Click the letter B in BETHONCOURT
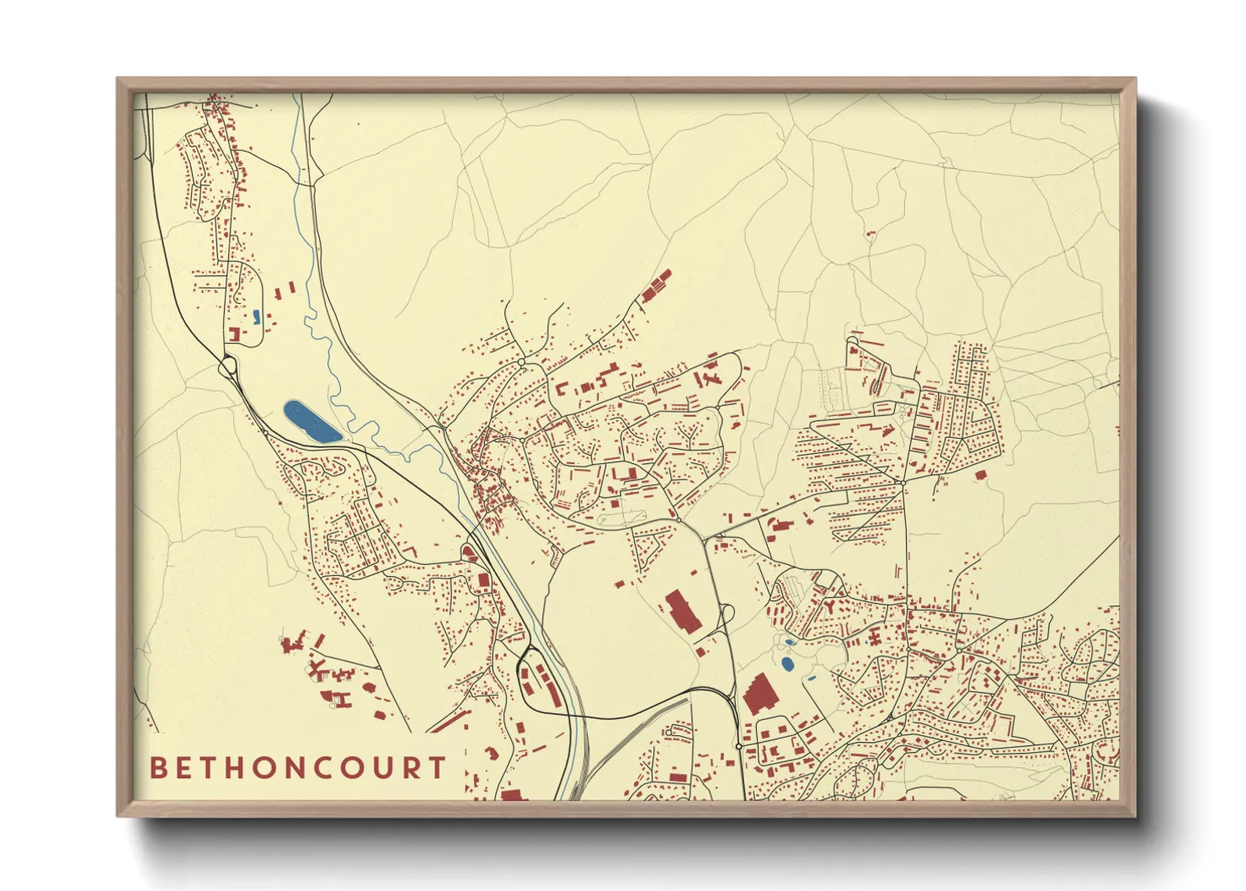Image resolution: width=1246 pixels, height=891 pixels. pos(157,768)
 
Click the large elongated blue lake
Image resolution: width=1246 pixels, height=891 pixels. pos(312,422)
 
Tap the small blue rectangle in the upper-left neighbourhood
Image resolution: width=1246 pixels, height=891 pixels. pos(256,316)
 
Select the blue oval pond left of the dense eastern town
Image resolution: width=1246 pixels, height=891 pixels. pos(787,664)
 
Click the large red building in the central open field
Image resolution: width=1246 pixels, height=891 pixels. pos(683,611)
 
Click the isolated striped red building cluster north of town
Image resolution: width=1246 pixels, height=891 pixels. pos(656,285)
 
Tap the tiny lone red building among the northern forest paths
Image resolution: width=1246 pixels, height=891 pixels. pos(871,232)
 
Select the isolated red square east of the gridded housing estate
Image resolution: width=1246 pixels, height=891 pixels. pos(980,476)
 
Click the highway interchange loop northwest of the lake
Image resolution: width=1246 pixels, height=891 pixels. pos(227,366)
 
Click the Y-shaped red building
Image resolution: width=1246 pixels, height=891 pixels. pos(830,606)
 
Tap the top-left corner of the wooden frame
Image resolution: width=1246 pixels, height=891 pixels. pos(118,79)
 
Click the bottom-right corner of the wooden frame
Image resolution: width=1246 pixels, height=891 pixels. pos(1135,816)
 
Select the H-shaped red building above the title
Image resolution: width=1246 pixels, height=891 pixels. pos(342,698)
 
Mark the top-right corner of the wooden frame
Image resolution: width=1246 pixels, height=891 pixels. pos(1135,79)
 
